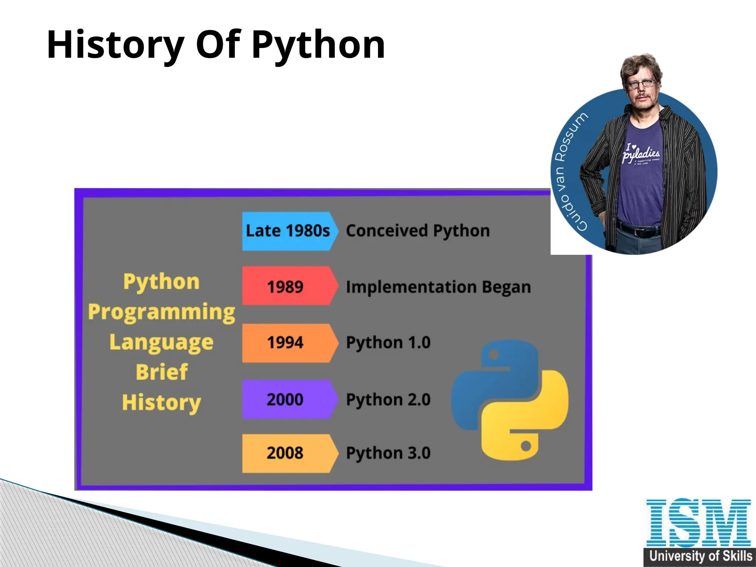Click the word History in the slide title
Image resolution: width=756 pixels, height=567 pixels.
pyautogui.click(x=115, y=45)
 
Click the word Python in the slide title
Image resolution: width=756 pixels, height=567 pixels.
pyautogui.click(x=318, y=45)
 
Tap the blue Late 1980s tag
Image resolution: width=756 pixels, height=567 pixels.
pyautogui.click(x=288, y=231)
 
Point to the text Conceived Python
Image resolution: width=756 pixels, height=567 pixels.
pyautogui.click(x=417, y=231)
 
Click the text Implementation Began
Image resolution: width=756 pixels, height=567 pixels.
pyautogui.click(x=438, y=287)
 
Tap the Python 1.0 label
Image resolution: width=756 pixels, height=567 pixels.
pyautogui.click(x=388, y=343)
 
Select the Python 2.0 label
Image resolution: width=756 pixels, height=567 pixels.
pyautogui.click(x=388, y=399)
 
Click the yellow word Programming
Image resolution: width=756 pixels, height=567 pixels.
pyautogui.click(x=161, y=312)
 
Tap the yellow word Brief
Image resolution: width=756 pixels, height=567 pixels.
pyautogui.click(x=162, y=372)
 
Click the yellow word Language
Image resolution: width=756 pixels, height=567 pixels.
pyautogui.click(x=161, y=343)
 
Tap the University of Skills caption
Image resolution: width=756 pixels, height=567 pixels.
pyautogui.click(x=700, y=556)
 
